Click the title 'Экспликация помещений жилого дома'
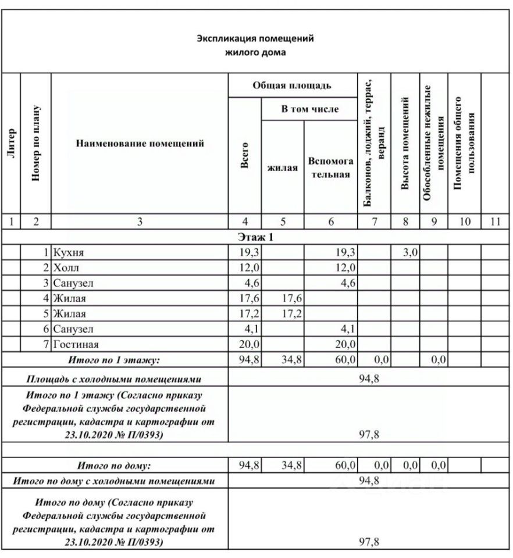point(256,45)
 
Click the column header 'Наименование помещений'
point(140,144)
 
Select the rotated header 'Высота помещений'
point(405,144)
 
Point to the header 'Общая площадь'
point(292,86)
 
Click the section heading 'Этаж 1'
point(255,237)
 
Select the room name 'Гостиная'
point(75,345)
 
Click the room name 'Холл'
point(65,269)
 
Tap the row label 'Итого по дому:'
point(114,466)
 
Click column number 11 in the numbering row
point(495,221)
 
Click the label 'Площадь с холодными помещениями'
point(114,379)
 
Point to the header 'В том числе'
point(309,109)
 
